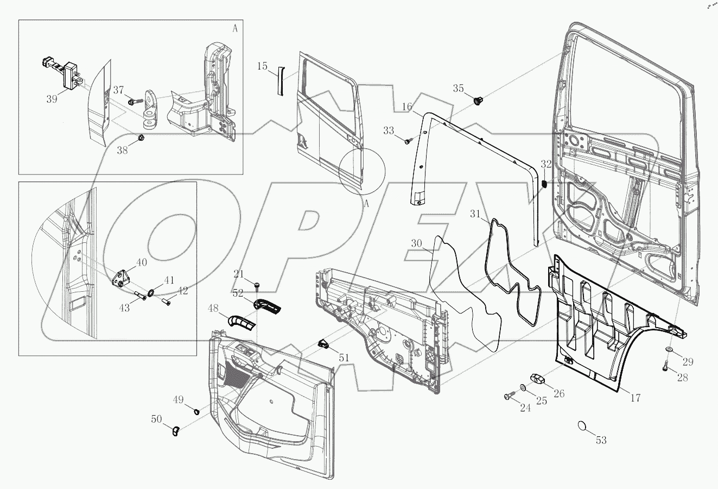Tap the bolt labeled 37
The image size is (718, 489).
coord(133,101)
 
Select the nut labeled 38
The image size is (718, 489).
coord(141,138)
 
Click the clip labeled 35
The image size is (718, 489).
coord(479,100)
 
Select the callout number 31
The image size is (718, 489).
coord(475,215)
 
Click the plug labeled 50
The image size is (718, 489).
coord(176,431)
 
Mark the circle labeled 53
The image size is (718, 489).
coord(581,425)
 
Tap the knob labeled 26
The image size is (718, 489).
coord(538,379)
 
